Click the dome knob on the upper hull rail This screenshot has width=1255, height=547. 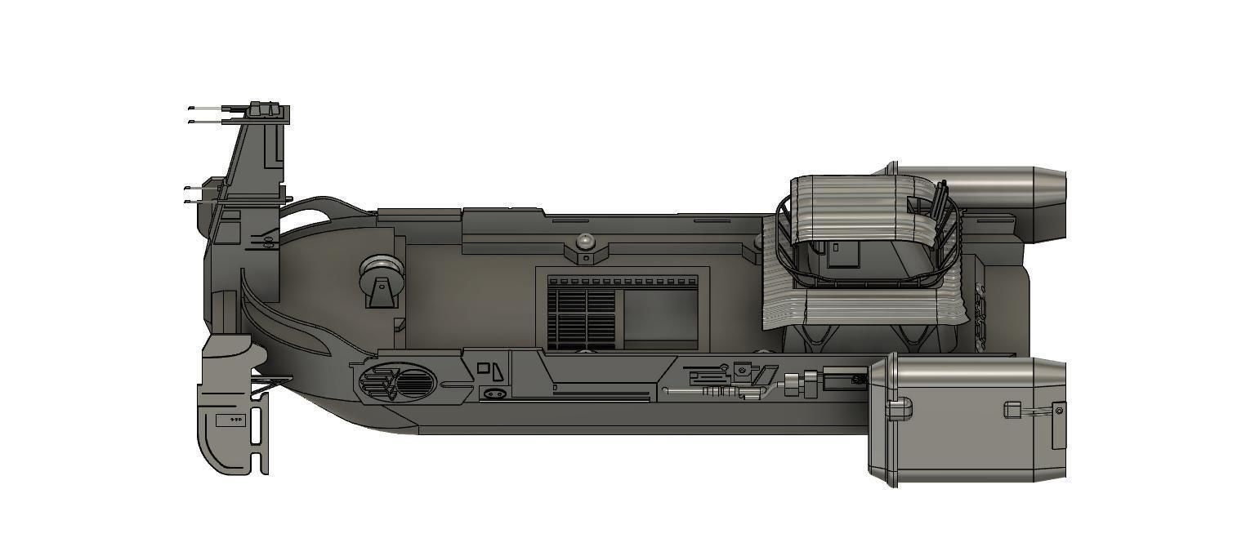pos(585,242)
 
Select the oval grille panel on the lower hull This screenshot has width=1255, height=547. pos(397,381)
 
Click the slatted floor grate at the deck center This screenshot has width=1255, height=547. pos(581,317)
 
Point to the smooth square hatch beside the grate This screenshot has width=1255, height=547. pos(660,316)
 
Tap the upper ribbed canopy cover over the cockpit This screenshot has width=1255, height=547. pos(850,204)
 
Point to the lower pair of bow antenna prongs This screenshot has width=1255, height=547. pos(200,194)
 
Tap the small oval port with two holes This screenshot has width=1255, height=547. pos(494,394)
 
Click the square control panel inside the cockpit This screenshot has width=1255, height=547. pos(842,255)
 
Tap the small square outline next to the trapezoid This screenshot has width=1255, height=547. pos(483,368)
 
